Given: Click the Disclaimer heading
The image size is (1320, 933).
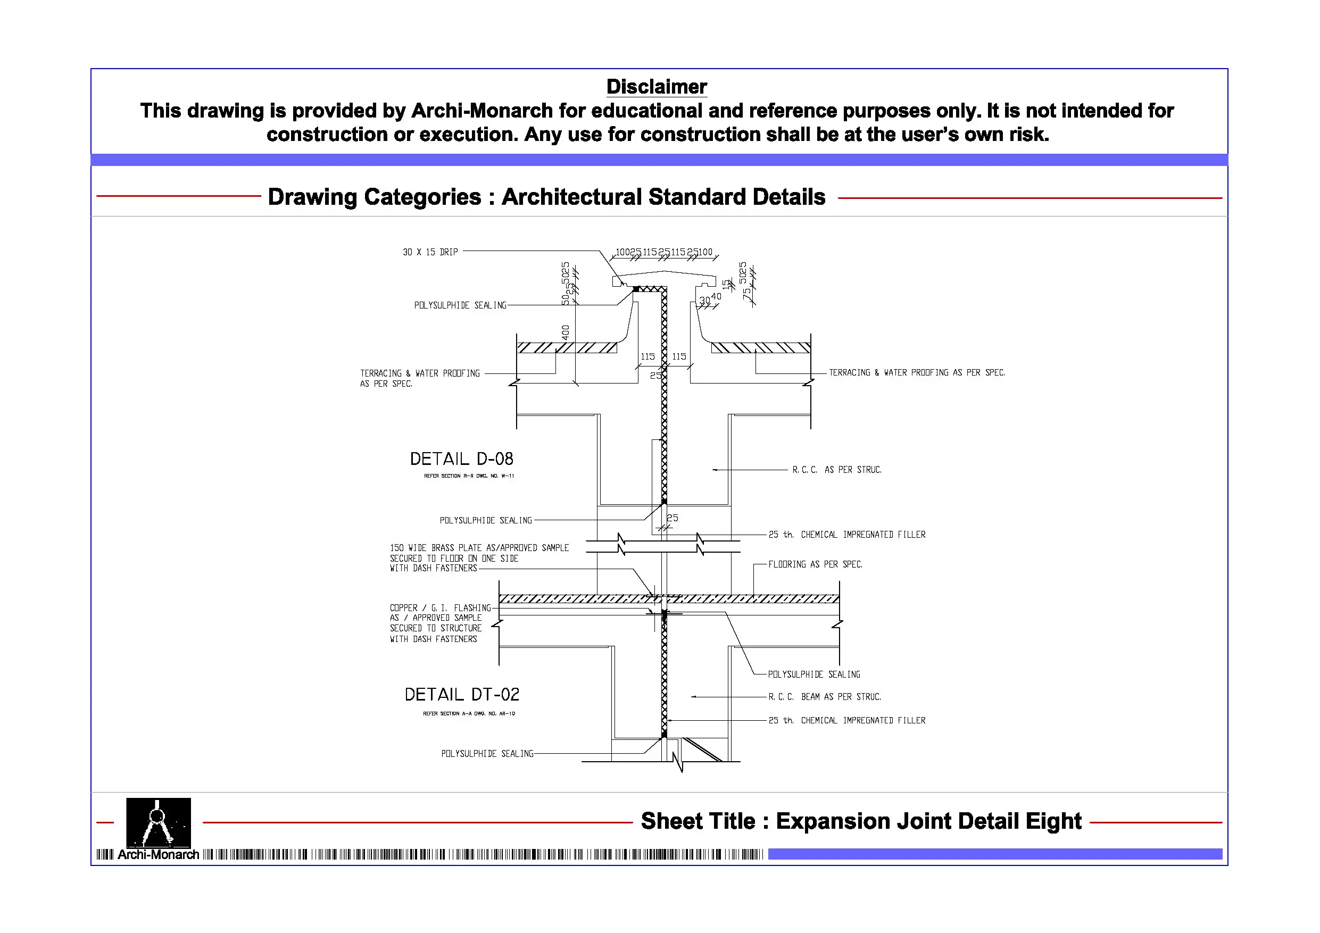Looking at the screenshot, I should click(656, 87).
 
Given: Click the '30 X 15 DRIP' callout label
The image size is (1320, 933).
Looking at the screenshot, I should click(430, 252).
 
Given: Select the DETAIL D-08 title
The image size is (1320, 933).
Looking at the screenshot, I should click(461, 459).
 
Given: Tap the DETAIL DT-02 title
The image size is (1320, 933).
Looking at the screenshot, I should click(462, 695).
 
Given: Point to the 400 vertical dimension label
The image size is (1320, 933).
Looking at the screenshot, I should click(565, 332).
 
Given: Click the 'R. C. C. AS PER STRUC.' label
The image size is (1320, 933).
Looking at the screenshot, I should click(836, 470).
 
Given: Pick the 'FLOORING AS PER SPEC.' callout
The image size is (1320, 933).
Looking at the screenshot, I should click(815, 564).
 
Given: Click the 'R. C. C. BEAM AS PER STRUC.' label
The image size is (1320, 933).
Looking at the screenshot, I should click(825, 697).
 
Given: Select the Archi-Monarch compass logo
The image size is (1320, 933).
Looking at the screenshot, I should click(158, 822).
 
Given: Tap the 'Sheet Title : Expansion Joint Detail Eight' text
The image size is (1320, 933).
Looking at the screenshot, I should click(861, 821).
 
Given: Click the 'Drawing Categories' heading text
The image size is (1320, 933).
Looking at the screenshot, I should click(546, 197).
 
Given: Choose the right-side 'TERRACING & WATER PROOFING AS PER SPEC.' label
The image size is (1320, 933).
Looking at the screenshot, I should click(916, 372).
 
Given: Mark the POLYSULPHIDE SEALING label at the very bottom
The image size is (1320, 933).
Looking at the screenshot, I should click(487, 754).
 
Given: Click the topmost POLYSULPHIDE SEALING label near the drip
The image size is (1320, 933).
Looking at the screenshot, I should click(460, 305).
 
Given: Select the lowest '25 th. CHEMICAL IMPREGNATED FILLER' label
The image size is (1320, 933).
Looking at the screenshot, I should click(847, 720).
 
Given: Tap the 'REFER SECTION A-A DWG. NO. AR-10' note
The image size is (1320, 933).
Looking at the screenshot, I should click(469, 713).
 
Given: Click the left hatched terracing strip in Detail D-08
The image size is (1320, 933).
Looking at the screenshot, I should click(566, 348).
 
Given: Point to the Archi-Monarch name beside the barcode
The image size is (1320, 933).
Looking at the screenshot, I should click(158, 855).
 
